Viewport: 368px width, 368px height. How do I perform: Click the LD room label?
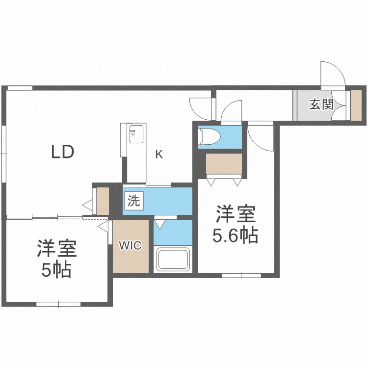pos(63,152)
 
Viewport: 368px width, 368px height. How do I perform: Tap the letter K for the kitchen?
pos(158,154)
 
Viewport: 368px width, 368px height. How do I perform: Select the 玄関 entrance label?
pos(321,104)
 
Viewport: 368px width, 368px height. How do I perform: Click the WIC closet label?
pos(131,246)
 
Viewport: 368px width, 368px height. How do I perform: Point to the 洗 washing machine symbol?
pos(133,200)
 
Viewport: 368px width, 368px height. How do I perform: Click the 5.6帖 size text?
pos(235,237)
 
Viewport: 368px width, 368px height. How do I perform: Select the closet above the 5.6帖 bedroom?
pos(224,165)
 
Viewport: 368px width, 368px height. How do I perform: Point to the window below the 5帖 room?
pos(58,304)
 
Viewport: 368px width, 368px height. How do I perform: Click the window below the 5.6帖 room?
pos(241,276)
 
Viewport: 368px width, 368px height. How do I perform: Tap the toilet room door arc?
pos(231,111)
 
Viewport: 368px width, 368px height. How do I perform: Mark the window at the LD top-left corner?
pos(20,88)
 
